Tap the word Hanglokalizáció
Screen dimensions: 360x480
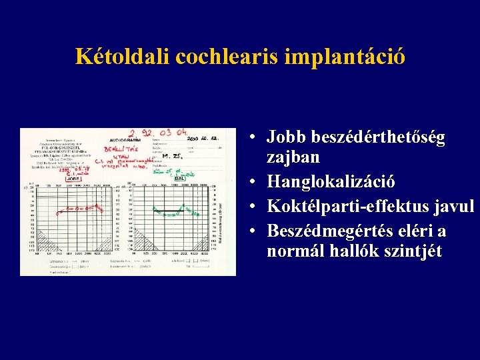(331, 181)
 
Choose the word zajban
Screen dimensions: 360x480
(293, 157)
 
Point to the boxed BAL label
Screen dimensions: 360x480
(178, 178)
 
